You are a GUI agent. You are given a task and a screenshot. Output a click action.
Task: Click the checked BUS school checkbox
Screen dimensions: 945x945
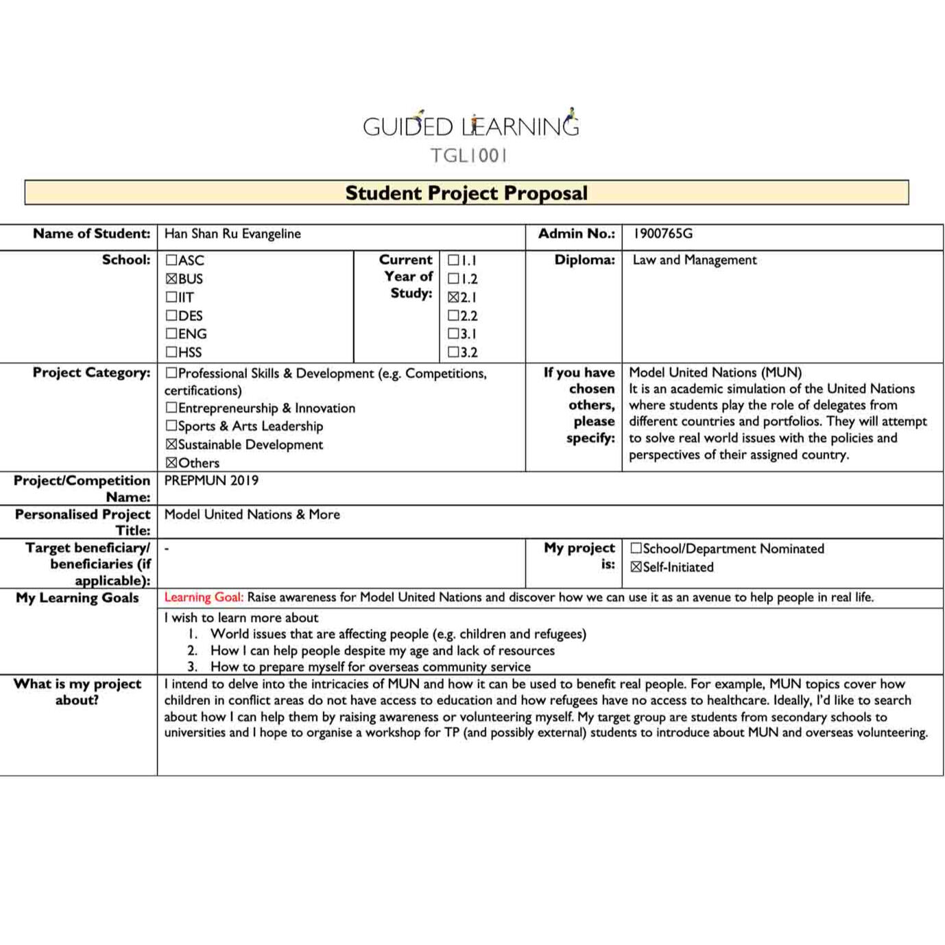(x=171, y=279)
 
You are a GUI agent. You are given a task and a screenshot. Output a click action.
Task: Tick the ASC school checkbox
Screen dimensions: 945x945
(x=171, y=261)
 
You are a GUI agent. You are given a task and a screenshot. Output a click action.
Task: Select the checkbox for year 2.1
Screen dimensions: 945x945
(x=453, y=298)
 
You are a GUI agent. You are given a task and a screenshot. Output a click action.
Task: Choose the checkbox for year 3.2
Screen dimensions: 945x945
(x=453, y=352)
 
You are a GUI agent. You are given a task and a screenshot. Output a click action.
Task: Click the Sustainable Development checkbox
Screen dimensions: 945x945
(x=171, y=444)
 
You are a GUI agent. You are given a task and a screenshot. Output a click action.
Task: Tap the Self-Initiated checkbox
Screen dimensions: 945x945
(x=636, y=567)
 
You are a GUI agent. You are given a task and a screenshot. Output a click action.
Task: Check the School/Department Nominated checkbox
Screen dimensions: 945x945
(x=636, y=549)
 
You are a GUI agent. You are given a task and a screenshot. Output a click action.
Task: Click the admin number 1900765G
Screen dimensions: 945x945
(x=662, y=234)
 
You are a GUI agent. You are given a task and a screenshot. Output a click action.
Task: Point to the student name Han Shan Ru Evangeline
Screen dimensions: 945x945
(x=232, y=234)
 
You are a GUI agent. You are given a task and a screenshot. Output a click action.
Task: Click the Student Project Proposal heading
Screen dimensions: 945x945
(x=466, y=193)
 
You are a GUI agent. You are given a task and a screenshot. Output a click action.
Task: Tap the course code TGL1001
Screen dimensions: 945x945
(x=469, y=156)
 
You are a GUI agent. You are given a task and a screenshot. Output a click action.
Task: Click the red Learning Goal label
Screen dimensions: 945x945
(x=204, y=597)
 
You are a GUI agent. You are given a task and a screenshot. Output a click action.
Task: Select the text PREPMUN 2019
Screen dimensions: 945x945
(x=211, y=481)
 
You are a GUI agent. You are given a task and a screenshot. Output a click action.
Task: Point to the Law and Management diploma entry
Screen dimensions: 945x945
(x=694, y=260)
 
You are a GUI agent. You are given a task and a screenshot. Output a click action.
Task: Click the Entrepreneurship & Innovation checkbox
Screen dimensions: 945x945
(x=171, y=408)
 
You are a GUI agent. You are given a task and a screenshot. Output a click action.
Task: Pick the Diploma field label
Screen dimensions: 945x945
(x=584, y=260)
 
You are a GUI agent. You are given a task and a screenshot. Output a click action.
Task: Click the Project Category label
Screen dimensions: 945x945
(x=91, y=372)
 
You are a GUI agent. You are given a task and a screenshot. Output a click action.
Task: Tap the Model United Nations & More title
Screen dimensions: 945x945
(x=252, y=514)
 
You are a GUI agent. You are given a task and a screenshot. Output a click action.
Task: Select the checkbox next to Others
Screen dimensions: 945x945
(x=171, y=463)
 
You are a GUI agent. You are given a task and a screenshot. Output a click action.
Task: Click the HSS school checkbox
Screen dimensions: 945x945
(x=171, y=352)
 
